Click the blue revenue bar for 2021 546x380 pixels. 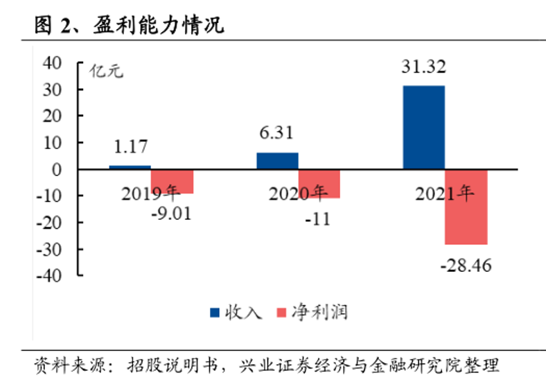423,127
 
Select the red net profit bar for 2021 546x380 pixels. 466,207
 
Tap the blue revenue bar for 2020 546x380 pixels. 277,160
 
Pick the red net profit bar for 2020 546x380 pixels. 319,184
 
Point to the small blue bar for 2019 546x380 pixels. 130,167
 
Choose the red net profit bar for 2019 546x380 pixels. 172,181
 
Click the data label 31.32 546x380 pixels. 423,67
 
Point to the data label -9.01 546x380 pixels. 170,212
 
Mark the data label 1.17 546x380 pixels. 130,147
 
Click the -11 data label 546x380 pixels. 319,220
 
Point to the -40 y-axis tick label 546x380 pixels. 52,275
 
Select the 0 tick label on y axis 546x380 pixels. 58,169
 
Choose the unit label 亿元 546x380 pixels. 107,71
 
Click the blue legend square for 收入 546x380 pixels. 214,313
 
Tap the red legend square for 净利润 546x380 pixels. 281,313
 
